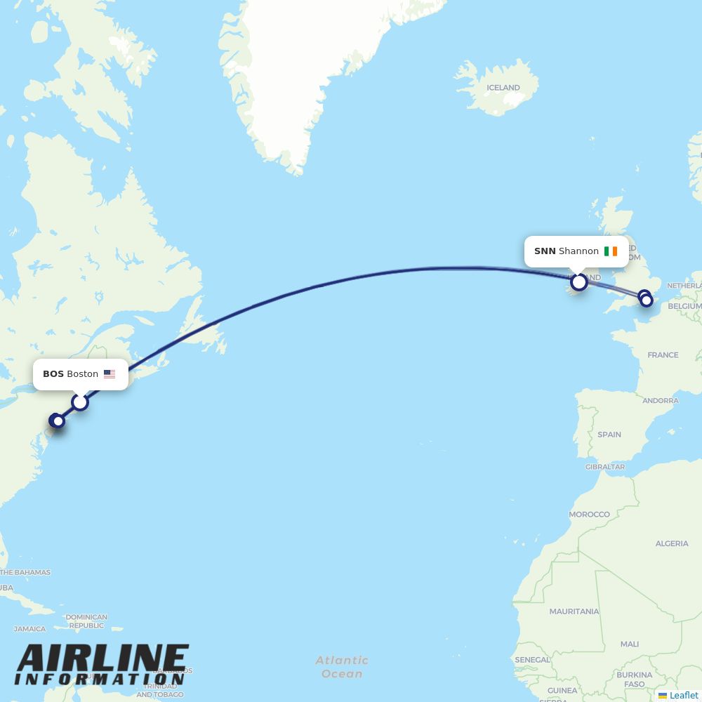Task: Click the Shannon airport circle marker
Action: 579,282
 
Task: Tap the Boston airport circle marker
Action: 80,402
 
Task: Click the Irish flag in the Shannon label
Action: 611,251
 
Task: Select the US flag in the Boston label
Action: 110,374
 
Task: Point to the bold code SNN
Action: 545,251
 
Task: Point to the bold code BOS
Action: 53,374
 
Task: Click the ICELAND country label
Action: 503,88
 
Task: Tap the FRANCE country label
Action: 663,355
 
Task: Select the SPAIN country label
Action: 609,435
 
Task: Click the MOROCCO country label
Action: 589,515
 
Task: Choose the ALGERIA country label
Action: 672,543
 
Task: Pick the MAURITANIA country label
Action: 574,612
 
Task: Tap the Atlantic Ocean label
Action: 342,667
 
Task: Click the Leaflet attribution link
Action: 684,695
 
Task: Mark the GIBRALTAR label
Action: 604,467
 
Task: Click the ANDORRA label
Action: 661,401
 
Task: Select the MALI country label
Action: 630,644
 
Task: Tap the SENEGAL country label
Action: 532,660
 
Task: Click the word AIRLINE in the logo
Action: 102,659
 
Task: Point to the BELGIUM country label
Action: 684,307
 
